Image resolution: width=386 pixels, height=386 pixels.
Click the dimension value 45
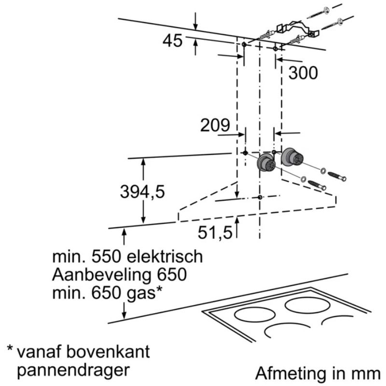tap(173, 41)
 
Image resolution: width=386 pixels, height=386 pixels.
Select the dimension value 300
tap(303, 73)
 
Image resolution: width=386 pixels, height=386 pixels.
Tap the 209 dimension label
tap(215, 125)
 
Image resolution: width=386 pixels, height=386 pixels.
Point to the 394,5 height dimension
tap(142, 192)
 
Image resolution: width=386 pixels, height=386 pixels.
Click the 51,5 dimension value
tap(215, 233)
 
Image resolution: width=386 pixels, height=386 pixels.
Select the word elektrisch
tap(165, 256)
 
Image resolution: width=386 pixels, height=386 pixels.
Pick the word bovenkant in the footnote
tap(108, 352)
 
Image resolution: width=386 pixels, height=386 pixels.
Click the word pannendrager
tap(73, 370)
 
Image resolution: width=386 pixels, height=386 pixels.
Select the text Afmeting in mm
tap(318, 373)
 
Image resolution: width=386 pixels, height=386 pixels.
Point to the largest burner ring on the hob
tap(307, 305)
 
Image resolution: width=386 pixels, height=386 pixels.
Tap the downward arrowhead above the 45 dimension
tap(195, 27)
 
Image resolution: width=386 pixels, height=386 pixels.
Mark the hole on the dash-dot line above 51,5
tap(260, 197)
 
